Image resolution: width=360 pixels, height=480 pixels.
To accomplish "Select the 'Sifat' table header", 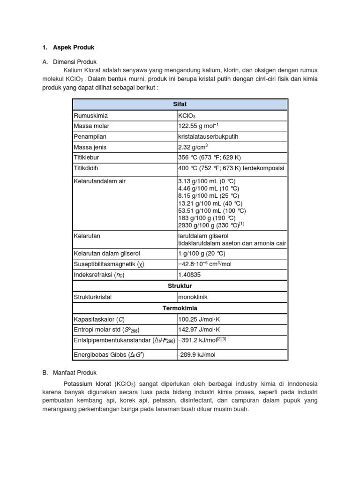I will pos(180,105).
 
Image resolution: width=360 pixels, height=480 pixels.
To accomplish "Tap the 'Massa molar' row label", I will pos(90,126).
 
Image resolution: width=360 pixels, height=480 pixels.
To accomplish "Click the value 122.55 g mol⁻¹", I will pos(198,126).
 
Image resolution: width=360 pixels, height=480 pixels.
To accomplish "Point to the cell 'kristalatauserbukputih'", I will pos(209,136).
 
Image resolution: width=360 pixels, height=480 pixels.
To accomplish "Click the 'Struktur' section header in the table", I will pos(180,286).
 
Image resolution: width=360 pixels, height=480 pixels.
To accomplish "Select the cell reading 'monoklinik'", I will pos(192,297).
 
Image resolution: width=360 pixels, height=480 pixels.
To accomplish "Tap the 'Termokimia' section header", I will pos(180,308).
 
